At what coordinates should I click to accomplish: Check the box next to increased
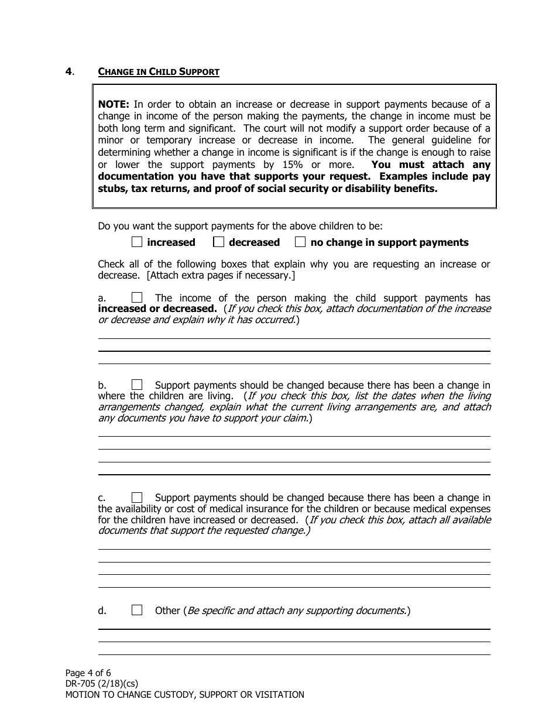coord(137,242)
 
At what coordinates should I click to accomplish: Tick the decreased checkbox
coord(218,242)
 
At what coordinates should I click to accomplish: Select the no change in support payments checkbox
coord(300,242)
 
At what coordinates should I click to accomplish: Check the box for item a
coord(137,298)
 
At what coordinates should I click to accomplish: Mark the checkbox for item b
coord(137,385)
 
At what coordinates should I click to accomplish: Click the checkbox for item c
coord(137,498)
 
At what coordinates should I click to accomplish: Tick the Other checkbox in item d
coord(137,610)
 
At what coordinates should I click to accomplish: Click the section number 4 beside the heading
coord(69,72)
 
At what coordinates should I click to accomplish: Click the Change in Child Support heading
coord(159,72)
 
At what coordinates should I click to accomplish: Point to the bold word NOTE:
coord(114,104)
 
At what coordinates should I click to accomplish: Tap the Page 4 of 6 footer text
coord(88,673)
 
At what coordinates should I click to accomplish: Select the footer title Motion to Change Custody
coord(184,695)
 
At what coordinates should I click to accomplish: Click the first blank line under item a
coord(294,338)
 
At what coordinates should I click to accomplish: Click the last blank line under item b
coord(294,474)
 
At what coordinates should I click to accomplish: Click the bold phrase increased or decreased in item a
coord(157,308)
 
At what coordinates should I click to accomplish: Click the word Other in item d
coord(167,611)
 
